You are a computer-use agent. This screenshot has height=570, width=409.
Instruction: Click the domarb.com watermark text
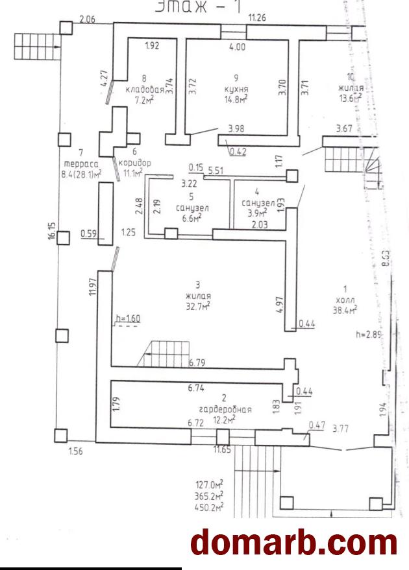[x=293, y=542]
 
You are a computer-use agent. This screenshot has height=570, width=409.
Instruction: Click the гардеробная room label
[x=226, y=410]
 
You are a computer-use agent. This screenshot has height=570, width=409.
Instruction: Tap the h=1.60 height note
[x=128, y=318]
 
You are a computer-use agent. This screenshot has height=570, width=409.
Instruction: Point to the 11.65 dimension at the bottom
[x=223, y=449]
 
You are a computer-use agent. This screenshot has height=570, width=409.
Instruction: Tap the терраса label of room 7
[x=81, y=163]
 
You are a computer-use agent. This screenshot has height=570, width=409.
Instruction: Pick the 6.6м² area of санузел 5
[x=188, y=219]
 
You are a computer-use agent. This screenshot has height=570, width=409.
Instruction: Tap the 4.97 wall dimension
[x=280, y=303]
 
